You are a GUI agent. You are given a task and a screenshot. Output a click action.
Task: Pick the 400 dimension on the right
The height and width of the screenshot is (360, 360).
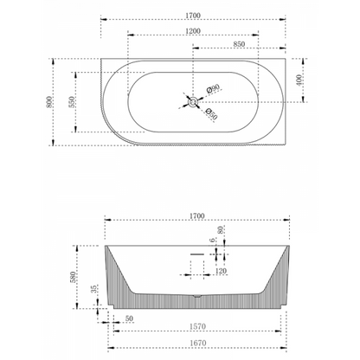tap(300, 79)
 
